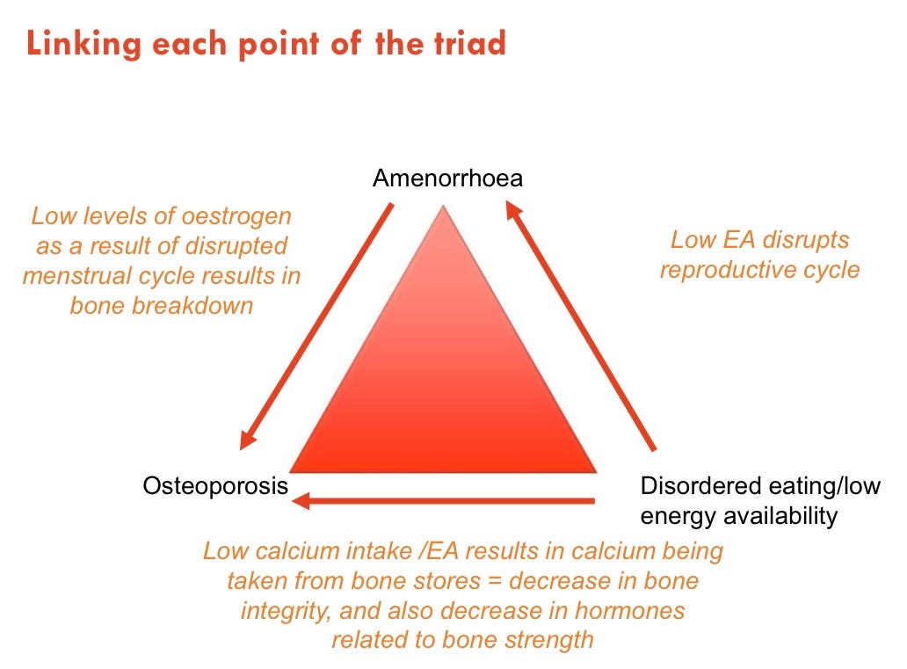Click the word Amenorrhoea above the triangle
point(447,179)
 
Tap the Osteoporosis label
point(215,485)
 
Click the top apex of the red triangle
point(444,207)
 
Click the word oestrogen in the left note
point(239,215)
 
